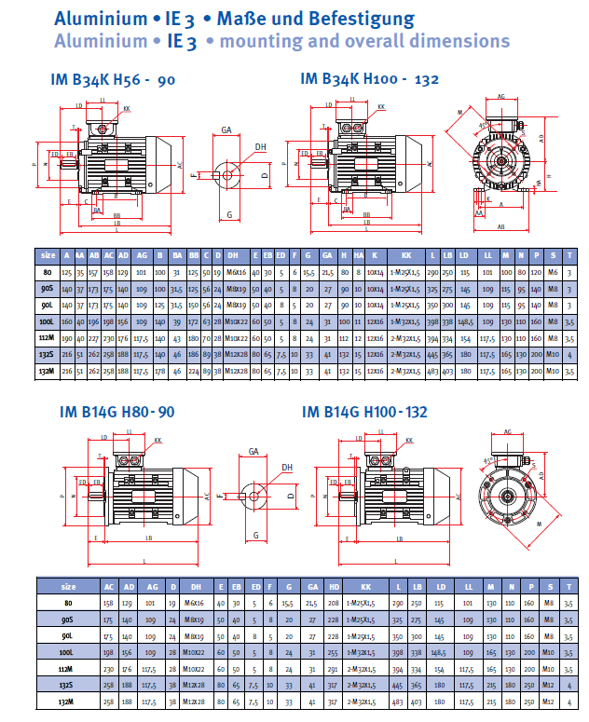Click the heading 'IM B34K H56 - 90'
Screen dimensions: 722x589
pyautogui.click(x=113, y=81)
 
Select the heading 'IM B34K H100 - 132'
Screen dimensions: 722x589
pyautogui.click(x=370, y=81)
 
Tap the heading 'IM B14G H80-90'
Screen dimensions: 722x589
pyautogui.click(x=116, y=411)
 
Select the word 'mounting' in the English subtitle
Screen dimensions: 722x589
pyautogui.click(x=264, y=41)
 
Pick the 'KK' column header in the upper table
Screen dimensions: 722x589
pyautogui.click(x=406, y=254)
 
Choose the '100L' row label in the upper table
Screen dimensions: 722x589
pyautogui.click(x=47, y=320)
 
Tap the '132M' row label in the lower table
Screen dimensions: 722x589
pyautogui.click(x=67, y=701)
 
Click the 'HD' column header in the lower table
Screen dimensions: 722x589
pyautogui.click(x=334, y=587)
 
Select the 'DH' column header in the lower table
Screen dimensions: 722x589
pyautogui.click(x=196, y=587)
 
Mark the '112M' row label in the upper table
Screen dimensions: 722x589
pyautogui.click(x=47, y=337)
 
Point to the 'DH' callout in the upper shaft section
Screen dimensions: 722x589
pyautogui.click(x=260, y=146)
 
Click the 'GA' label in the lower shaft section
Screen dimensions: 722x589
pyautogui.click(x=253, y=451)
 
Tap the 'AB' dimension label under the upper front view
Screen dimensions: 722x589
pyautogui.click(x=500, y=226)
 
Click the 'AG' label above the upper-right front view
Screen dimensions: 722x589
pyautogui.click(x=501, y=96)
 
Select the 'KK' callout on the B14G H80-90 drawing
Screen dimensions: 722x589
pyautogui.click(x=158, y=439)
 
